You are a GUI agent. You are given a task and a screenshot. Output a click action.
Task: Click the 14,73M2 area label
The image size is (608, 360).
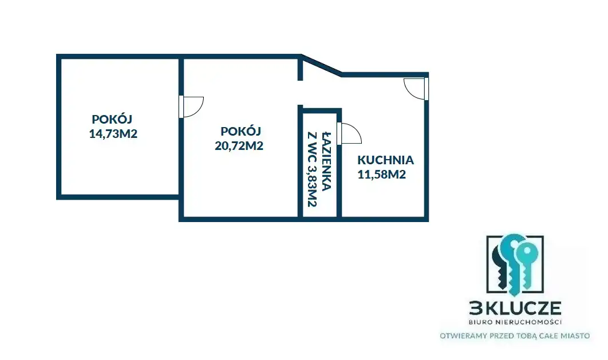(113, 134)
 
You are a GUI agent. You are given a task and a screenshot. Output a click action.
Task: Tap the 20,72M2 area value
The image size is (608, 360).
(239, 146)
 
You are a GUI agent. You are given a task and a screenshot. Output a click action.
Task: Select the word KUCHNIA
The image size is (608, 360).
(385, 160)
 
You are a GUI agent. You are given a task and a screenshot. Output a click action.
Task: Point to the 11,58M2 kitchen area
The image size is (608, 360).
(381, 175)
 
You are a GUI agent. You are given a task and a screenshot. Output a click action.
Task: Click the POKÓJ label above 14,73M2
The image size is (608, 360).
(112, 118)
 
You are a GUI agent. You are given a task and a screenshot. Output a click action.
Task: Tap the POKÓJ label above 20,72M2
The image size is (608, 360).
(240, 131)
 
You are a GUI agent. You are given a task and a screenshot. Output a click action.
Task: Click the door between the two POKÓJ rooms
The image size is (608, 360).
(191, 106)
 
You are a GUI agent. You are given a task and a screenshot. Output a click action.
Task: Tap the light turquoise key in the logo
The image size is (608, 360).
(526, 264)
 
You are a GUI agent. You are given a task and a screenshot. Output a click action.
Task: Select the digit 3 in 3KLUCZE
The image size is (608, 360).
(475, 308)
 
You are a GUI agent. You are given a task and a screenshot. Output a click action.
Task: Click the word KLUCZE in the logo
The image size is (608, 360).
(522, 308)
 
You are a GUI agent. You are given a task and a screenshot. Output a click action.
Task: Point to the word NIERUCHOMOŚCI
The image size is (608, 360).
(529, 322)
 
